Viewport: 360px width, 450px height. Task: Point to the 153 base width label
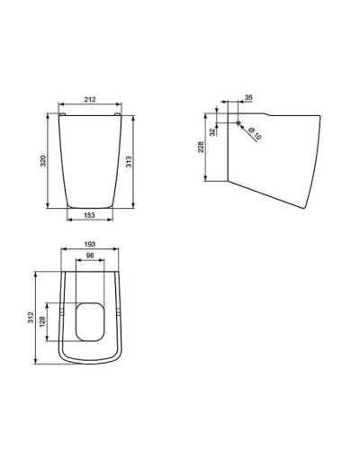[x=91, y=215]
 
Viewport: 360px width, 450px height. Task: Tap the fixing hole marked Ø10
[x=237, y=122]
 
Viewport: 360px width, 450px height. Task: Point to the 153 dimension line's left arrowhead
[x=69, y=220]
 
